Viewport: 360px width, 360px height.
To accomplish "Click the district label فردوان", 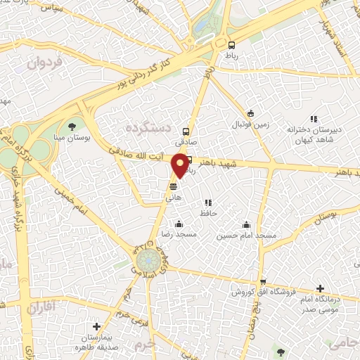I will (x=46, y=64).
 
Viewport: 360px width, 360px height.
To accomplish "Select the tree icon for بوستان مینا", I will (x=72, y=127).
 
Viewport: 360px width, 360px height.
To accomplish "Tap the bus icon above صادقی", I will (x=186, y=131).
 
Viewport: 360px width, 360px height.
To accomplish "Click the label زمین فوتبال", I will (x=251, y=124).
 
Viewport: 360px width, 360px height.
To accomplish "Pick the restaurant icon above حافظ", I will (x=207, y=202).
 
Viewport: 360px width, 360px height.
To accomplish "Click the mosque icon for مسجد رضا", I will (x=178, y=224).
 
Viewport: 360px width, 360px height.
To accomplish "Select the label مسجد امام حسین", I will (x=246, y=235).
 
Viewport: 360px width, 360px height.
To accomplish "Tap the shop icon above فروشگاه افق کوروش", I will (x=262, y=281).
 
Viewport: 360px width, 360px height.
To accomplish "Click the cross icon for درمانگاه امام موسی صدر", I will (x=321, y=288).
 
